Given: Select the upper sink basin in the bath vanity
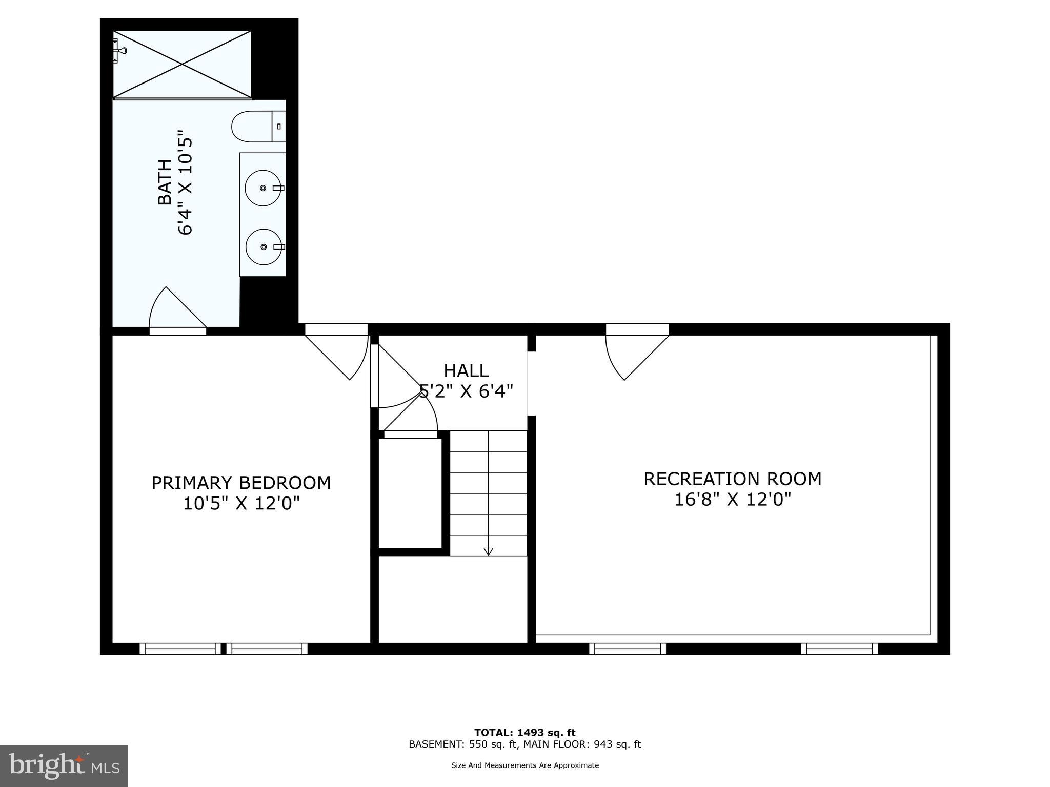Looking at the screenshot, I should [x=263, y=188].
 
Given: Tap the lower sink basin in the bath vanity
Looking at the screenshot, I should [x=264, y=247].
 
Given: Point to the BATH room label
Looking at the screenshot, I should [x=165, y=182].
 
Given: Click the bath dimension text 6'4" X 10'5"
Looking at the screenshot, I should [x=185, y=185].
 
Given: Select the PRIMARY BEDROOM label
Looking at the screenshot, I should [x=241, y=483].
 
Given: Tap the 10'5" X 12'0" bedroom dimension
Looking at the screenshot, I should [x=241, y=504].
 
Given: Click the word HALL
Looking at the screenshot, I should [x=466, y=370].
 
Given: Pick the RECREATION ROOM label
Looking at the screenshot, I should [x=732, y=479].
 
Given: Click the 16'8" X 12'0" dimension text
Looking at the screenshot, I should [x=732, y=499].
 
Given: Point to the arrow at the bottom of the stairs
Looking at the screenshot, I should [x=488, y=551].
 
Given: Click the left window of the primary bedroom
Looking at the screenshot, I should [x=180, y=649].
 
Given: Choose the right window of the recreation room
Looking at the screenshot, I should [x=839, y=649].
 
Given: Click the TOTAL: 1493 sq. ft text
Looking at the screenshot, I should [x=524, y=733].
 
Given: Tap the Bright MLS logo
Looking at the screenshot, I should [x=64, y=765].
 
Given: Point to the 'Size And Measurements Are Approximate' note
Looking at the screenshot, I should [x=524, y=765].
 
